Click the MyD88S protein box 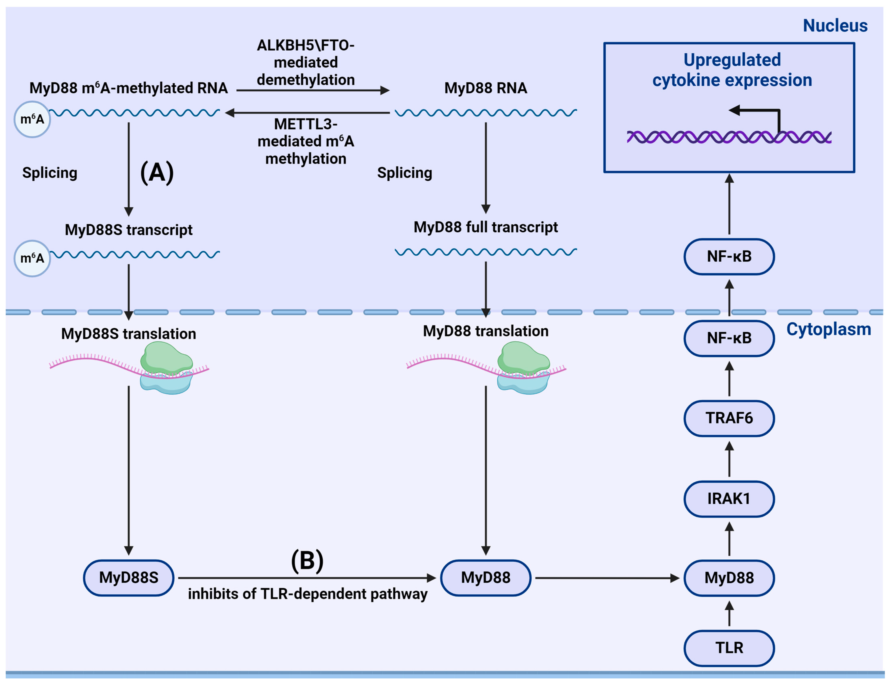pos(128,578)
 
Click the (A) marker pos(157,173)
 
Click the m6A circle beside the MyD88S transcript pos(32,258)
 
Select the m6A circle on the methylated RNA pos(32,119)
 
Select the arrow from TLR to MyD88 pos(729,613)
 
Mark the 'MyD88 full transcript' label pos(486,227)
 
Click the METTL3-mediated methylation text pos(305,141)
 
